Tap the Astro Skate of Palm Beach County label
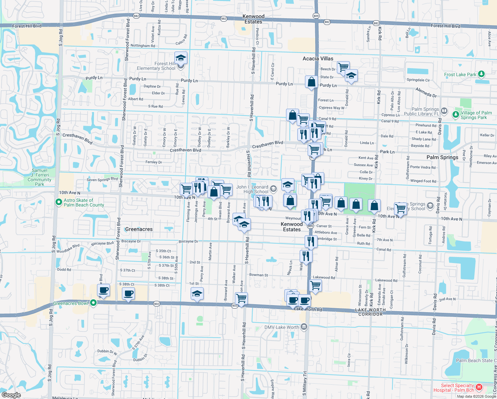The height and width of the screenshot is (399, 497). pos(83,202)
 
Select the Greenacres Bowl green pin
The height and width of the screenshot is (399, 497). pos(93,303)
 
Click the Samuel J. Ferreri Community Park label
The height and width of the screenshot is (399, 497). pos(40,177)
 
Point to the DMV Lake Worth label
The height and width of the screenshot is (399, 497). pos(282,327)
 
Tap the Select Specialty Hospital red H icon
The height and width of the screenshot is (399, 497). pos(479,387)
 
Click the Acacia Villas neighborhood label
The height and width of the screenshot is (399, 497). pos(318,59)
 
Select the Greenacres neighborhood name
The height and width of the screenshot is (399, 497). pos(139,229)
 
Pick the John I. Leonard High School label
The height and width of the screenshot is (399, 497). pos(252,189)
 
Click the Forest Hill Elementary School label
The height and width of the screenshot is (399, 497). pos(156,66)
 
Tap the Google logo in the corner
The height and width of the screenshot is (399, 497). pos(11,395)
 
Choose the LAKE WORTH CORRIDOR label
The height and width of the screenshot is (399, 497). pos(370,312)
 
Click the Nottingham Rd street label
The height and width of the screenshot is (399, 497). pos(143,46)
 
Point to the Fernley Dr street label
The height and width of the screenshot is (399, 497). pos(154,162)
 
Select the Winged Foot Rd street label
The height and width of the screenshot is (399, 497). pos(423,181)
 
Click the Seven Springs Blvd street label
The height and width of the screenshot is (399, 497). pos(102,180)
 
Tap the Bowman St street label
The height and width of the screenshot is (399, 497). pos(258,275)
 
